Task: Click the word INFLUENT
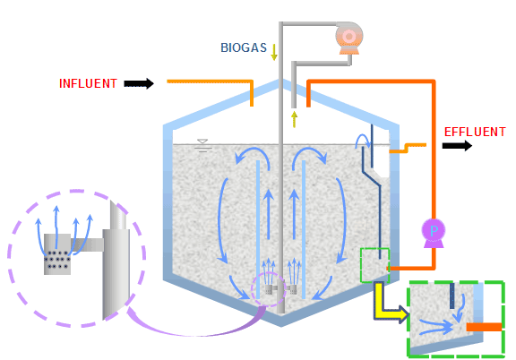click(x=88, y=83)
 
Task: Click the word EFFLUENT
click(x=475, y=132)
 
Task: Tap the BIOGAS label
click(x=244, y=47)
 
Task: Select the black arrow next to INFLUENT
click(x=139, y=83)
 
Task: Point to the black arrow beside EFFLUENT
click(x=457, y=145)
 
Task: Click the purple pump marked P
click(x=434, y=233)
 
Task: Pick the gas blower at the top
click(x=349, y=39)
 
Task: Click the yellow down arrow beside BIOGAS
click(x=274, y=52)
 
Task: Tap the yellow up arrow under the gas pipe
click(x=294, y=119)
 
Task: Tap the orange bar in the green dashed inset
click(x=485, y=327)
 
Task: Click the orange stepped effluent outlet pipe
click(x=408, y=148)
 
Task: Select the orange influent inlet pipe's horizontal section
click(x=210, y=81)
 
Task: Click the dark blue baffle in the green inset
click(x=451, y=296)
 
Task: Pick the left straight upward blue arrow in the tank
click(x=269, y=214)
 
